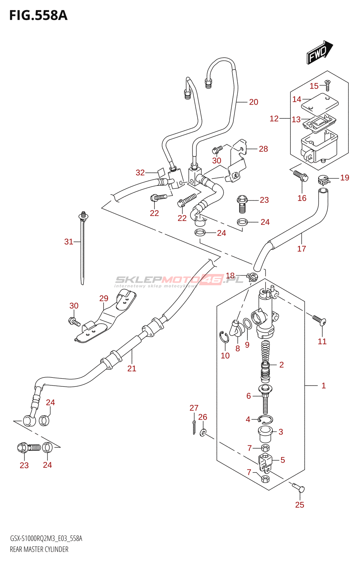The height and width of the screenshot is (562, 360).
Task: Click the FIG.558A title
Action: pos(38,15)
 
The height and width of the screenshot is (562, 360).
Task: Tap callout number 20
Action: pos(253,102)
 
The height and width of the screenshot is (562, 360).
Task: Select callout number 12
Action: pos(274,119)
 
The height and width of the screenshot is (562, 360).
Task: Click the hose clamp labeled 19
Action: pos(324,180)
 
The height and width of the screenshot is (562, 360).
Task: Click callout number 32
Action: pos(140,172)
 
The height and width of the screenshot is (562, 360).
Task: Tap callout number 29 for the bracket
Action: pos(104,298)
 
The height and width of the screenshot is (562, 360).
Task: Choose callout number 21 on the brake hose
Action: pos(131,368)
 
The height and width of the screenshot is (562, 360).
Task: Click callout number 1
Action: pos(323,386)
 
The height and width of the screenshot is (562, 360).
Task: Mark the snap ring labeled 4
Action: pos(265,419)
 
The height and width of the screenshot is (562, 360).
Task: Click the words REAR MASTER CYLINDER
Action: pos(39,549)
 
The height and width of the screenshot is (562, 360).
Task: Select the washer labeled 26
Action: pos(203,432)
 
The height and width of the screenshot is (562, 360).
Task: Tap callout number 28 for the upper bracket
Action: pos(263,149)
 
